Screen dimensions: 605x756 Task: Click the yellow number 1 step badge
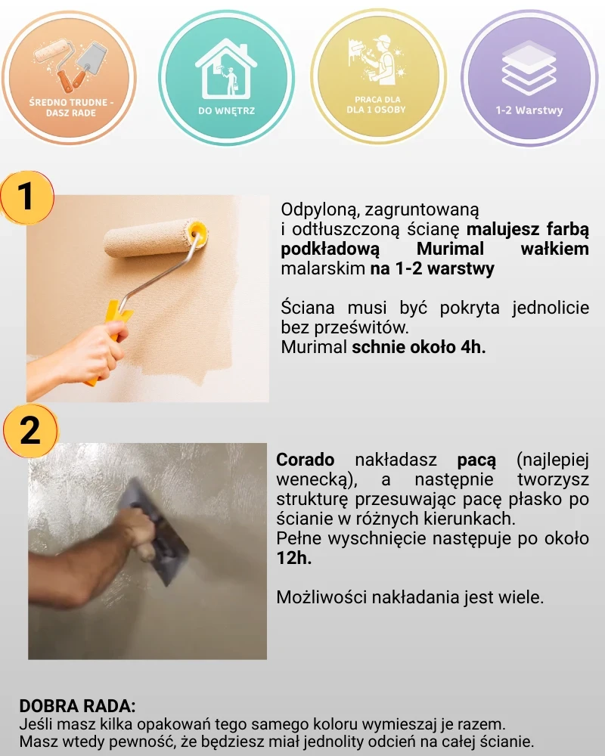[26, 197]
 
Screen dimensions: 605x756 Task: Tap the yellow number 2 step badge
[30, 431]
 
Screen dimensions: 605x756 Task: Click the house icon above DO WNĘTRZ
[226, 70]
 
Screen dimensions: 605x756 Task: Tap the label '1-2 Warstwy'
[529, 110]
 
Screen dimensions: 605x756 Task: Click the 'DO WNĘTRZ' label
[226, 111]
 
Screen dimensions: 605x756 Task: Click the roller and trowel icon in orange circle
[70, 65]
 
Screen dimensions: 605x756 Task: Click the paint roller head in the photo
[155, 239]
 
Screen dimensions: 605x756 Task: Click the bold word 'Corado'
[305, 460]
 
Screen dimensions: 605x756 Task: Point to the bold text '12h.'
[294, 558]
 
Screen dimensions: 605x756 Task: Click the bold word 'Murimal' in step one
[450, 249]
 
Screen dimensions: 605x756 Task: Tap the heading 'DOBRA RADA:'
[77, 706]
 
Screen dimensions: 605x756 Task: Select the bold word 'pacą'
[476, 460]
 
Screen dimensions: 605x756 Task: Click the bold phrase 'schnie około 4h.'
[418, 347]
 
